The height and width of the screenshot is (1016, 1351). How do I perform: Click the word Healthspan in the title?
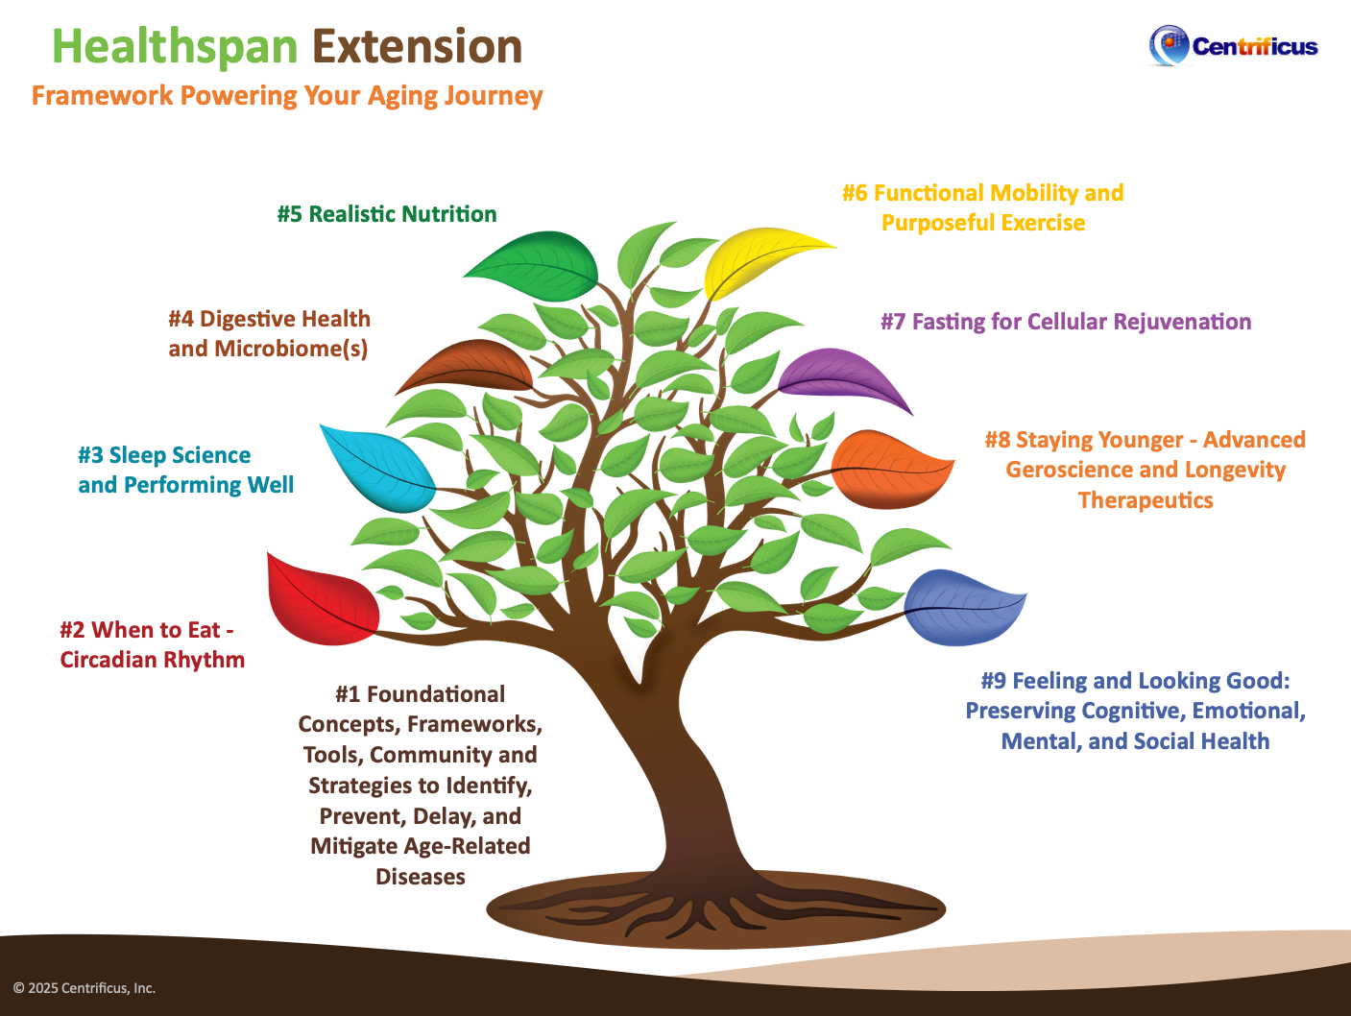point(175,47)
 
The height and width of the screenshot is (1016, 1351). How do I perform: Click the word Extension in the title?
point(417,47)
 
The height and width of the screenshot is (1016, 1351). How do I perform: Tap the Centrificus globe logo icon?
point(1169,44)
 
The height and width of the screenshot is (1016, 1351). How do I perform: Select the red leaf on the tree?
point(322,599)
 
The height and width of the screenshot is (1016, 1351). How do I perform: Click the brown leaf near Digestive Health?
point(468,368)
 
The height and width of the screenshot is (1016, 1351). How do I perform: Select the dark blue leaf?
point(962,606)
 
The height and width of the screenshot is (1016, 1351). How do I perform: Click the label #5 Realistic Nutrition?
point(387,214)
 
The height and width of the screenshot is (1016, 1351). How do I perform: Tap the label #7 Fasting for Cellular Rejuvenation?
point(1066,322)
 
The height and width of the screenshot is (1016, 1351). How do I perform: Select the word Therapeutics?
point(1146,500)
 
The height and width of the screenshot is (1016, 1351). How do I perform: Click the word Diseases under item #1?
point(421,877)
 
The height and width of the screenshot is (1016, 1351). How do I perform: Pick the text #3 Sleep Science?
point(164,455)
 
